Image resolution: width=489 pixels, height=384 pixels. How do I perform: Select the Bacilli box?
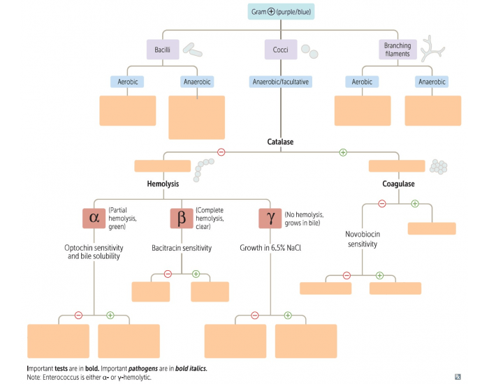click(x=163, y=49)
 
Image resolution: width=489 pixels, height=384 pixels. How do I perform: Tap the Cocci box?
click(x=281, y=49)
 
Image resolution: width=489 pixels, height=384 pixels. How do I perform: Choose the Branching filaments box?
click(x=397, y=49)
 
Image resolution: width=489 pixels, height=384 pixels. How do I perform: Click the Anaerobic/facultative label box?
click(x=281, y=82)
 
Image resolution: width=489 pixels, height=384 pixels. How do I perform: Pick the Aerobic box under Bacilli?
click(x=127, y=82)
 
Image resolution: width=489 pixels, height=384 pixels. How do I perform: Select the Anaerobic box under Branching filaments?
click(x=432, y=82)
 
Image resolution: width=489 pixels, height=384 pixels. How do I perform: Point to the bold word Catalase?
click(x=280, y=142)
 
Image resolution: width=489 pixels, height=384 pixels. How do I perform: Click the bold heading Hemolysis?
click(x=163, y=184)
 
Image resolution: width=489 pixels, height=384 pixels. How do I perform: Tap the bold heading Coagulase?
click(x=398, y=184)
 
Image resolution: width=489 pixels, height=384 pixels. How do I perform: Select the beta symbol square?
click(x=182, y=218)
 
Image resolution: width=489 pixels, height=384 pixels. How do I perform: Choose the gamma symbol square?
click(x=270, y=218)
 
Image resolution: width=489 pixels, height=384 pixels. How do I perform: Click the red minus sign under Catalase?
click(x=221, y=152)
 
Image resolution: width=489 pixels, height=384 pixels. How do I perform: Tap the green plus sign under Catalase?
click(x=342, y=152)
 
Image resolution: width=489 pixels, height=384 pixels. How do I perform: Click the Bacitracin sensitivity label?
click(x=181, y=248)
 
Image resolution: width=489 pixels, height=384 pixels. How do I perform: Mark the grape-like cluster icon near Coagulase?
click(x=439, y=165)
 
